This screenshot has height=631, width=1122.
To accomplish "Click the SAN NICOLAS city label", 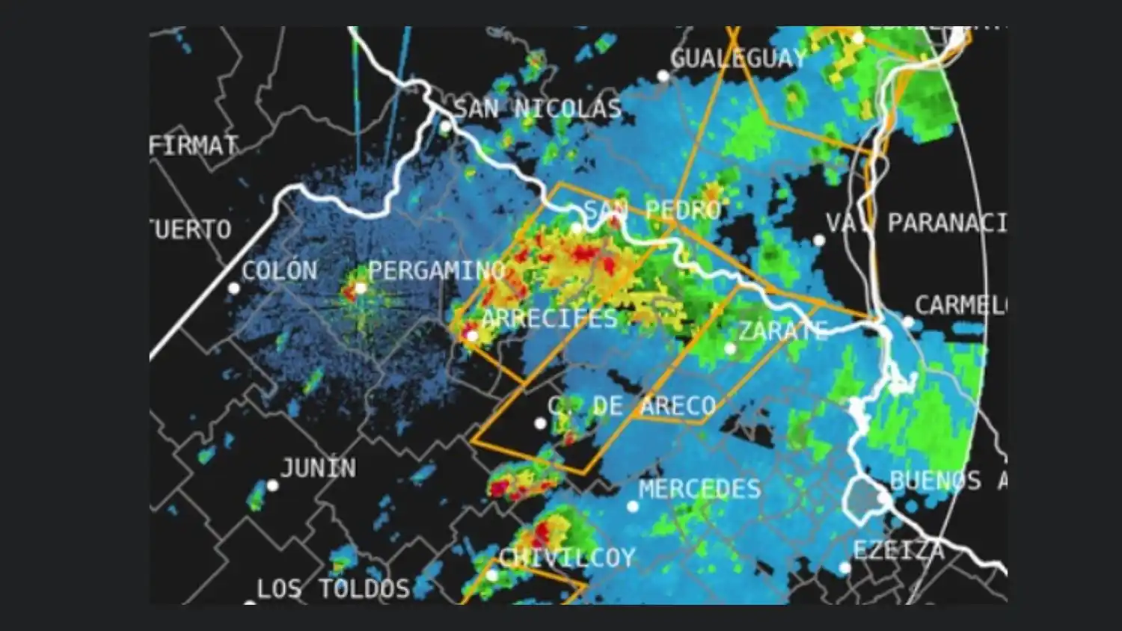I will (x=538, y=109).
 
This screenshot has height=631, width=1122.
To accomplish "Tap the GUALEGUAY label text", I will (x=738, y=58).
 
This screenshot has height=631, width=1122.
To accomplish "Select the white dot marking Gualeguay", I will (x=663, y=76).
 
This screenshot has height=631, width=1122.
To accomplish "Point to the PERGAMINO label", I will (x=436, y=271).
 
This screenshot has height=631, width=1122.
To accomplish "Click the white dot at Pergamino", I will (x=361, y=289).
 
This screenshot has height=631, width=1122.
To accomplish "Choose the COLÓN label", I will (x=279, y=271).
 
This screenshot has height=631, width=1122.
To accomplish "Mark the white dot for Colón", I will (x=234, y=289).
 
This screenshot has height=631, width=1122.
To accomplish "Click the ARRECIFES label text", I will (x=549, y=318).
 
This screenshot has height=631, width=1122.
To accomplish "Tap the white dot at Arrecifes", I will (x=472, y=336).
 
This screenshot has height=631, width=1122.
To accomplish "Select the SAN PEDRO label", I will (x=652, y=211).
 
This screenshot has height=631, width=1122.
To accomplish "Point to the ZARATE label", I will (x=783, y=330).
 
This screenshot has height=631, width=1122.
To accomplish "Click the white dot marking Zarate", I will (x=730, y=348).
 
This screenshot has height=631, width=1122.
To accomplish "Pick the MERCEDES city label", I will (x=699, y=489).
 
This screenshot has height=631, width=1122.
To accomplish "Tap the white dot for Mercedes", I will (x=633, y=507).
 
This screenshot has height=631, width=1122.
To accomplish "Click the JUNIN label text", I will (x=318, y=469).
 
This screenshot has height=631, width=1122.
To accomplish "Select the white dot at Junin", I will (x=273, y=486).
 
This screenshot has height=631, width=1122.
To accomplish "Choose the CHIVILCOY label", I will (x=567, y=558).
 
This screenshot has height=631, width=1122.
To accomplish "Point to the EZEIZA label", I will (x=898, y=550).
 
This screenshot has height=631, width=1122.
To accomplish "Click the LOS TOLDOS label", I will (x=333, y=589).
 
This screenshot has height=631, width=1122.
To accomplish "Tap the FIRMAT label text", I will (x=194, y=145).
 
